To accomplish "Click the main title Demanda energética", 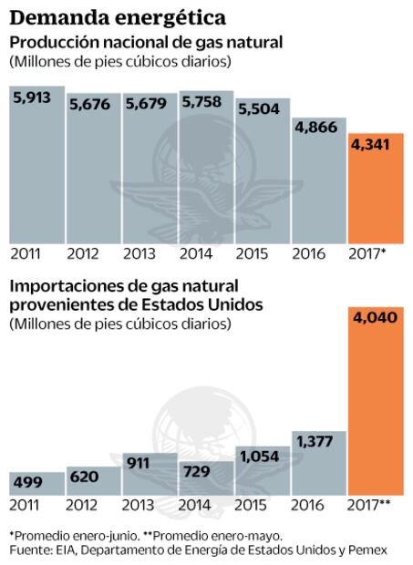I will pos(119,16).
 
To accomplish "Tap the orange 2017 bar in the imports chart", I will pos(375,410).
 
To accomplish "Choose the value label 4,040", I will pos(375,319).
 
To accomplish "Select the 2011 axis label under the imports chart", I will pos(26,505).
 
